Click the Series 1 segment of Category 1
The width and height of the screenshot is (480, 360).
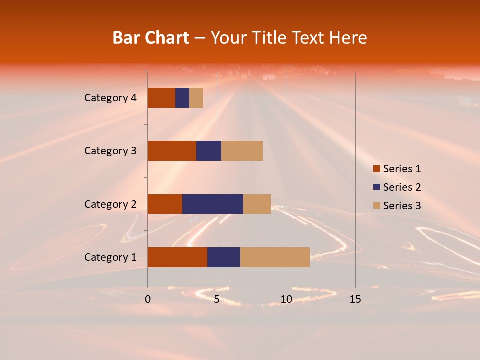177,257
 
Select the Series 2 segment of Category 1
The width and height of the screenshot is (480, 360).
224,257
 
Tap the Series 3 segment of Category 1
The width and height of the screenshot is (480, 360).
275,257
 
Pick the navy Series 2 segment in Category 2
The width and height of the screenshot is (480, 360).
213,204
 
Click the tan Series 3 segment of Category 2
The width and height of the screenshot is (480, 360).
257,204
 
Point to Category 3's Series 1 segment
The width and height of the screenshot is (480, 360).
172,151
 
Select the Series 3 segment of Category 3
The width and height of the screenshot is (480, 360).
242,151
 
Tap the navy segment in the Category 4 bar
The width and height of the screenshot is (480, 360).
182,98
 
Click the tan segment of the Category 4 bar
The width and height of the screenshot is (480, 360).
196,98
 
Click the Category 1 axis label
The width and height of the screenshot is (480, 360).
110,257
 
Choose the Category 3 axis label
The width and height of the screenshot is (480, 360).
110,151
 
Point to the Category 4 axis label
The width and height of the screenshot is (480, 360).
110,98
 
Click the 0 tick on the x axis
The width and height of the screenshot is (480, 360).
148,299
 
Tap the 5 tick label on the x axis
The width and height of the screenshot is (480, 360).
217,299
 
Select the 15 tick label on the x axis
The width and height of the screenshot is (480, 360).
355,299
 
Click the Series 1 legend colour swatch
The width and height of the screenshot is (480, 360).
376,169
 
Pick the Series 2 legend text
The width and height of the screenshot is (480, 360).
402,187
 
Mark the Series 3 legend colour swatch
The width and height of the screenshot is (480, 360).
376,206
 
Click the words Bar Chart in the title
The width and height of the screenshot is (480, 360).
151,38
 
